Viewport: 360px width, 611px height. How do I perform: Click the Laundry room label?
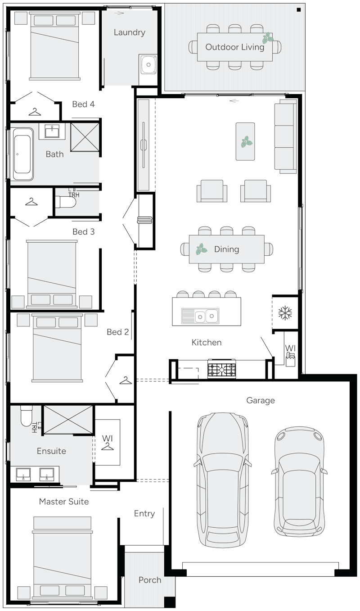click(129, 32)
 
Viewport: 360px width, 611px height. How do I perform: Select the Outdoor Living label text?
click(234, 47)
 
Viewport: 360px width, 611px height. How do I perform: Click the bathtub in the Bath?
click(23, 154)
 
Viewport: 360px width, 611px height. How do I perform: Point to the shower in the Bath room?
click(85, 136)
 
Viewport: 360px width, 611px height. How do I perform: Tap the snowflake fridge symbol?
click(285, 313)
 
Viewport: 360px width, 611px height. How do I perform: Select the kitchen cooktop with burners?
click(221, 370)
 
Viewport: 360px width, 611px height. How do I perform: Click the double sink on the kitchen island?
click(200, 316)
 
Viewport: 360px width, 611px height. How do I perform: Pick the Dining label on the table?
click(226, 249)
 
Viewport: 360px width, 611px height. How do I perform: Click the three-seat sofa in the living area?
click(286, 136)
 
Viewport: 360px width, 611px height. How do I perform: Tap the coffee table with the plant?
click(245, 141)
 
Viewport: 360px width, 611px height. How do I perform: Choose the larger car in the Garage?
click(222, 480)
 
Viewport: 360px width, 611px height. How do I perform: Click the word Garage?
click(261, 400)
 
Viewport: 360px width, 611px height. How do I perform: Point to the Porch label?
click(150, 580)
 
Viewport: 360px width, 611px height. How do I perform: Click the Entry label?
click(144, 513)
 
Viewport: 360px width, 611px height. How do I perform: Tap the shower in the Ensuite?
click(68, 420)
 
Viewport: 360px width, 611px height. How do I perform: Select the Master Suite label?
click(64, 501)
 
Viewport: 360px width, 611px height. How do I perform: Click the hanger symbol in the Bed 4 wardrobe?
click(35, 111)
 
